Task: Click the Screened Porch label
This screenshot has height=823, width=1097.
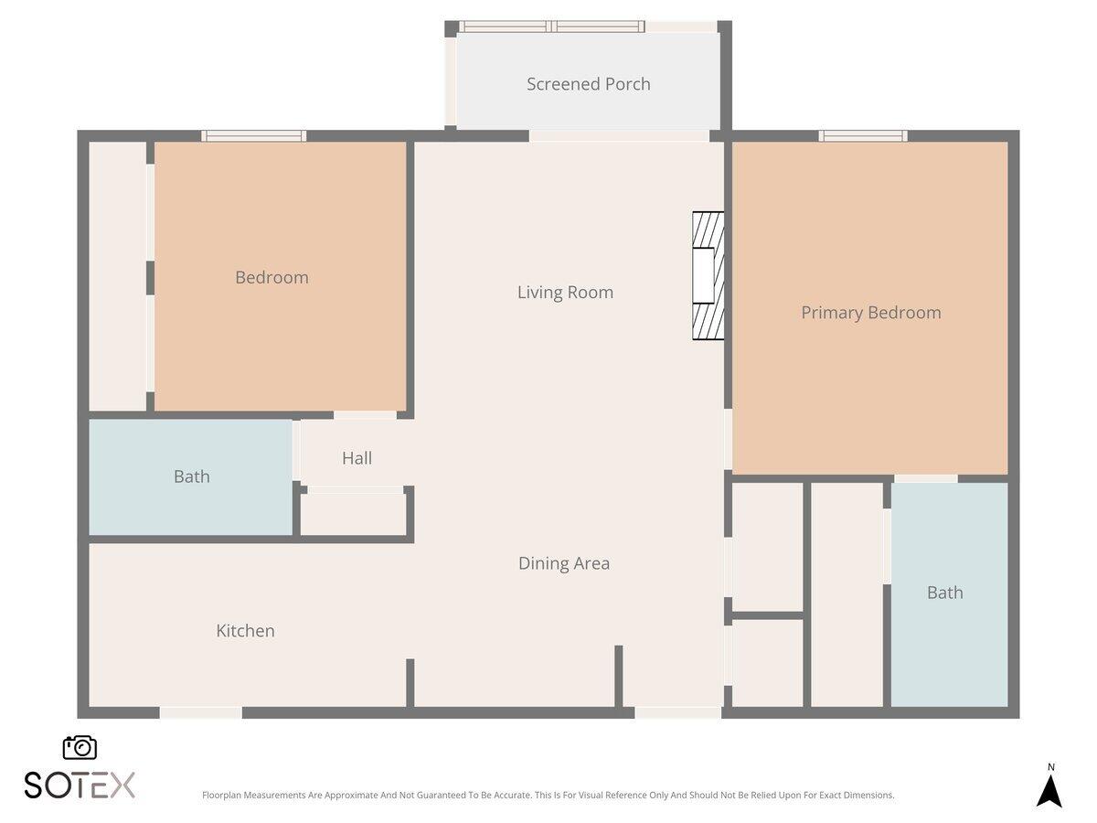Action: coord(588,84)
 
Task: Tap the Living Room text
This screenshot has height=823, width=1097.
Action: coord(565,293)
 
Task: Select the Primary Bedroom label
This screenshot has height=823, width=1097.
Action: coord(870,313)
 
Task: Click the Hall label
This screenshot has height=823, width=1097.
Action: coord(357,458)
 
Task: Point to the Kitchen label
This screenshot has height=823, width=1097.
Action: coord(245,631)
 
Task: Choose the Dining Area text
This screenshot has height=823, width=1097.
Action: coord(563,563)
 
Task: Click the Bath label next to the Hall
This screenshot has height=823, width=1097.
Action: coord(191,476)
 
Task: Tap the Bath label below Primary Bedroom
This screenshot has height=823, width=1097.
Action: coord(944,593)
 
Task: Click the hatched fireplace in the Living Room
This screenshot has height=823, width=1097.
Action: coord(708,276)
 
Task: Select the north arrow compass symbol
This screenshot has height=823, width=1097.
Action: coord(1049,788)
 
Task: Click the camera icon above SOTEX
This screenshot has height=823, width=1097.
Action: coord(80,747)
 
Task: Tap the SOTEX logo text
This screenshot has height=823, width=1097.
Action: coord(80,785)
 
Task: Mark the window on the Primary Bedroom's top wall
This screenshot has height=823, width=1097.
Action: coord(863,136)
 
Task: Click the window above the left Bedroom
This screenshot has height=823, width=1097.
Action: coord(254,136)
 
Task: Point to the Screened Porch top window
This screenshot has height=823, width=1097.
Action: coord(552,27)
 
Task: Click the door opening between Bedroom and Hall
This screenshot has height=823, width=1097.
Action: coord(365,415)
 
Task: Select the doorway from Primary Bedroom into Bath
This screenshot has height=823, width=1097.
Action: coord(925,478)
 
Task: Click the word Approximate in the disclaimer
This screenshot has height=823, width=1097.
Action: coord(349,796)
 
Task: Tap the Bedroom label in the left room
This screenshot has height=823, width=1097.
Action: coord(272,277)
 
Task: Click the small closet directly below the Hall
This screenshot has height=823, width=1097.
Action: coord(353,514)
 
